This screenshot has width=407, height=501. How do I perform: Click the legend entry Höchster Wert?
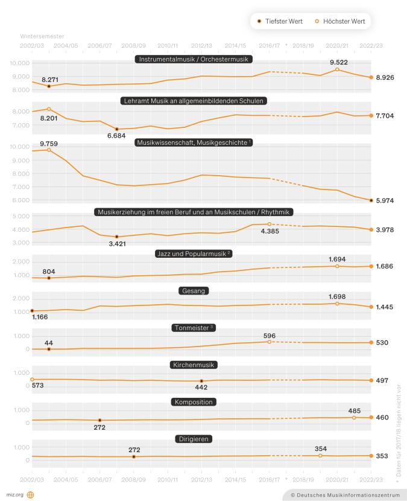[342, 22]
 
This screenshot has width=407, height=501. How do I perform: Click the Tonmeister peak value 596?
[270, 335]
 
